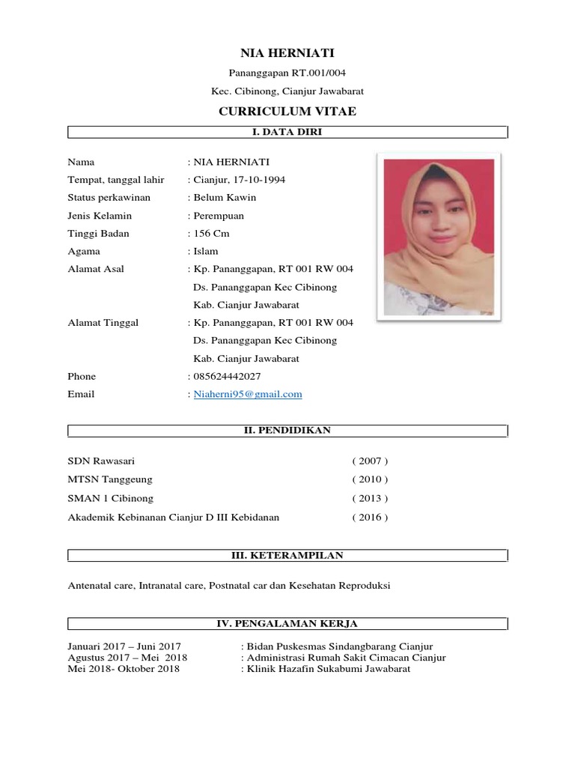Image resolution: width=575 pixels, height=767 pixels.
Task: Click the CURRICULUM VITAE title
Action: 287,112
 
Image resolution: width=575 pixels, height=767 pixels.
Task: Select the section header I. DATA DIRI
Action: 287,133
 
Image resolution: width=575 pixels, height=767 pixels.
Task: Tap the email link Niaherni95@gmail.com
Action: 248,394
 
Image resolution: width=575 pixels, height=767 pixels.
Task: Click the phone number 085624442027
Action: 228,376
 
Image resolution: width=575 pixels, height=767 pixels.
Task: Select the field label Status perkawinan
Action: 109,198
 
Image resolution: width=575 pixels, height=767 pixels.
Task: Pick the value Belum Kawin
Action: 225,198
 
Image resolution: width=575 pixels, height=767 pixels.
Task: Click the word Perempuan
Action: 219,216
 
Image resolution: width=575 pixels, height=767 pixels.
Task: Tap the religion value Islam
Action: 206,252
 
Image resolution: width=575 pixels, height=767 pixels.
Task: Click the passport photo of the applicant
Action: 438,236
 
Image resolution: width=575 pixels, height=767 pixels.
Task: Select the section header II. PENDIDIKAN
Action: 287,431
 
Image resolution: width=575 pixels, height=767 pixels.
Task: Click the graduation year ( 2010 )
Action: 370,479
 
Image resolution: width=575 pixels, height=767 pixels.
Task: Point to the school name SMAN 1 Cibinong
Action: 110,498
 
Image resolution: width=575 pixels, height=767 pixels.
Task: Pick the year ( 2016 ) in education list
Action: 370,517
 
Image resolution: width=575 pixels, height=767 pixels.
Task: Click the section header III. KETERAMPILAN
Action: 287,556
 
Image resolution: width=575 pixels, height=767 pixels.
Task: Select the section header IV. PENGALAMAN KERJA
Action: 287,623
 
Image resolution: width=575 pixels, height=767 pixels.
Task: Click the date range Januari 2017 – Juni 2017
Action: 124,646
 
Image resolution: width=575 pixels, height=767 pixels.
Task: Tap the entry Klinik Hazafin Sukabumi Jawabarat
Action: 329,669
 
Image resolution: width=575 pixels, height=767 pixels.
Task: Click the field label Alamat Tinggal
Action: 103,322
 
